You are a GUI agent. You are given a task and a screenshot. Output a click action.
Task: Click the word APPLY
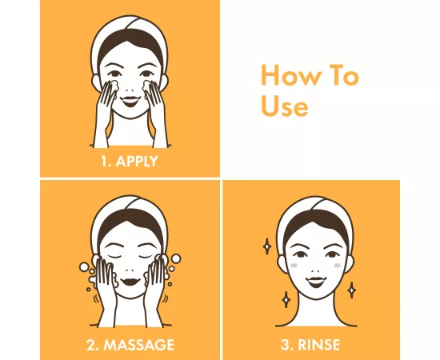tap(137, 161)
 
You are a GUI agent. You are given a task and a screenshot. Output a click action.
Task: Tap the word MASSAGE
tap(139, 345)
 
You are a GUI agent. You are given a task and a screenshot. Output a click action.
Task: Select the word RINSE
tap(318, 345)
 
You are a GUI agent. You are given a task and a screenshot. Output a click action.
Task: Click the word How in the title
tap(291, 75)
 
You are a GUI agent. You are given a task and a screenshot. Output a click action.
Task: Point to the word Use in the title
tap(285, 106)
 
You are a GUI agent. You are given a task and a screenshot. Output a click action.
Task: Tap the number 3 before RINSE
tap(286, 345)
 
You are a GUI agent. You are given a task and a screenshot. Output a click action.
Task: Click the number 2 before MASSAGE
tap(92, 345)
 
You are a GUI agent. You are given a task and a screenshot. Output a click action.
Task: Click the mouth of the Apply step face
tap(131, 101)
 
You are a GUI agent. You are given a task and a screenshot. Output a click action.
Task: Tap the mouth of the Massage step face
tap(131, 281)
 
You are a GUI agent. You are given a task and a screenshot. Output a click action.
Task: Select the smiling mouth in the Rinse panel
tap(316, 282)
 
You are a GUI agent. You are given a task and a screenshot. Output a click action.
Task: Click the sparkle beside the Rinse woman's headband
tap(267, 246)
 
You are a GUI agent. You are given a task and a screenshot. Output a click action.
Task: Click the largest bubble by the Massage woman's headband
tap(176, 258)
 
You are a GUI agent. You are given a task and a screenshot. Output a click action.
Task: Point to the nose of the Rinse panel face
tap(316, 271)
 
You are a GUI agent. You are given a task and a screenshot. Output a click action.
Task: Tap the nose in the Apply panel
tap(130, 90)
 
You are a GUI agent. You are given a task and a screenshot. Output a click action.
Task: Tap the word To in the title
tap(344, 75)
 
